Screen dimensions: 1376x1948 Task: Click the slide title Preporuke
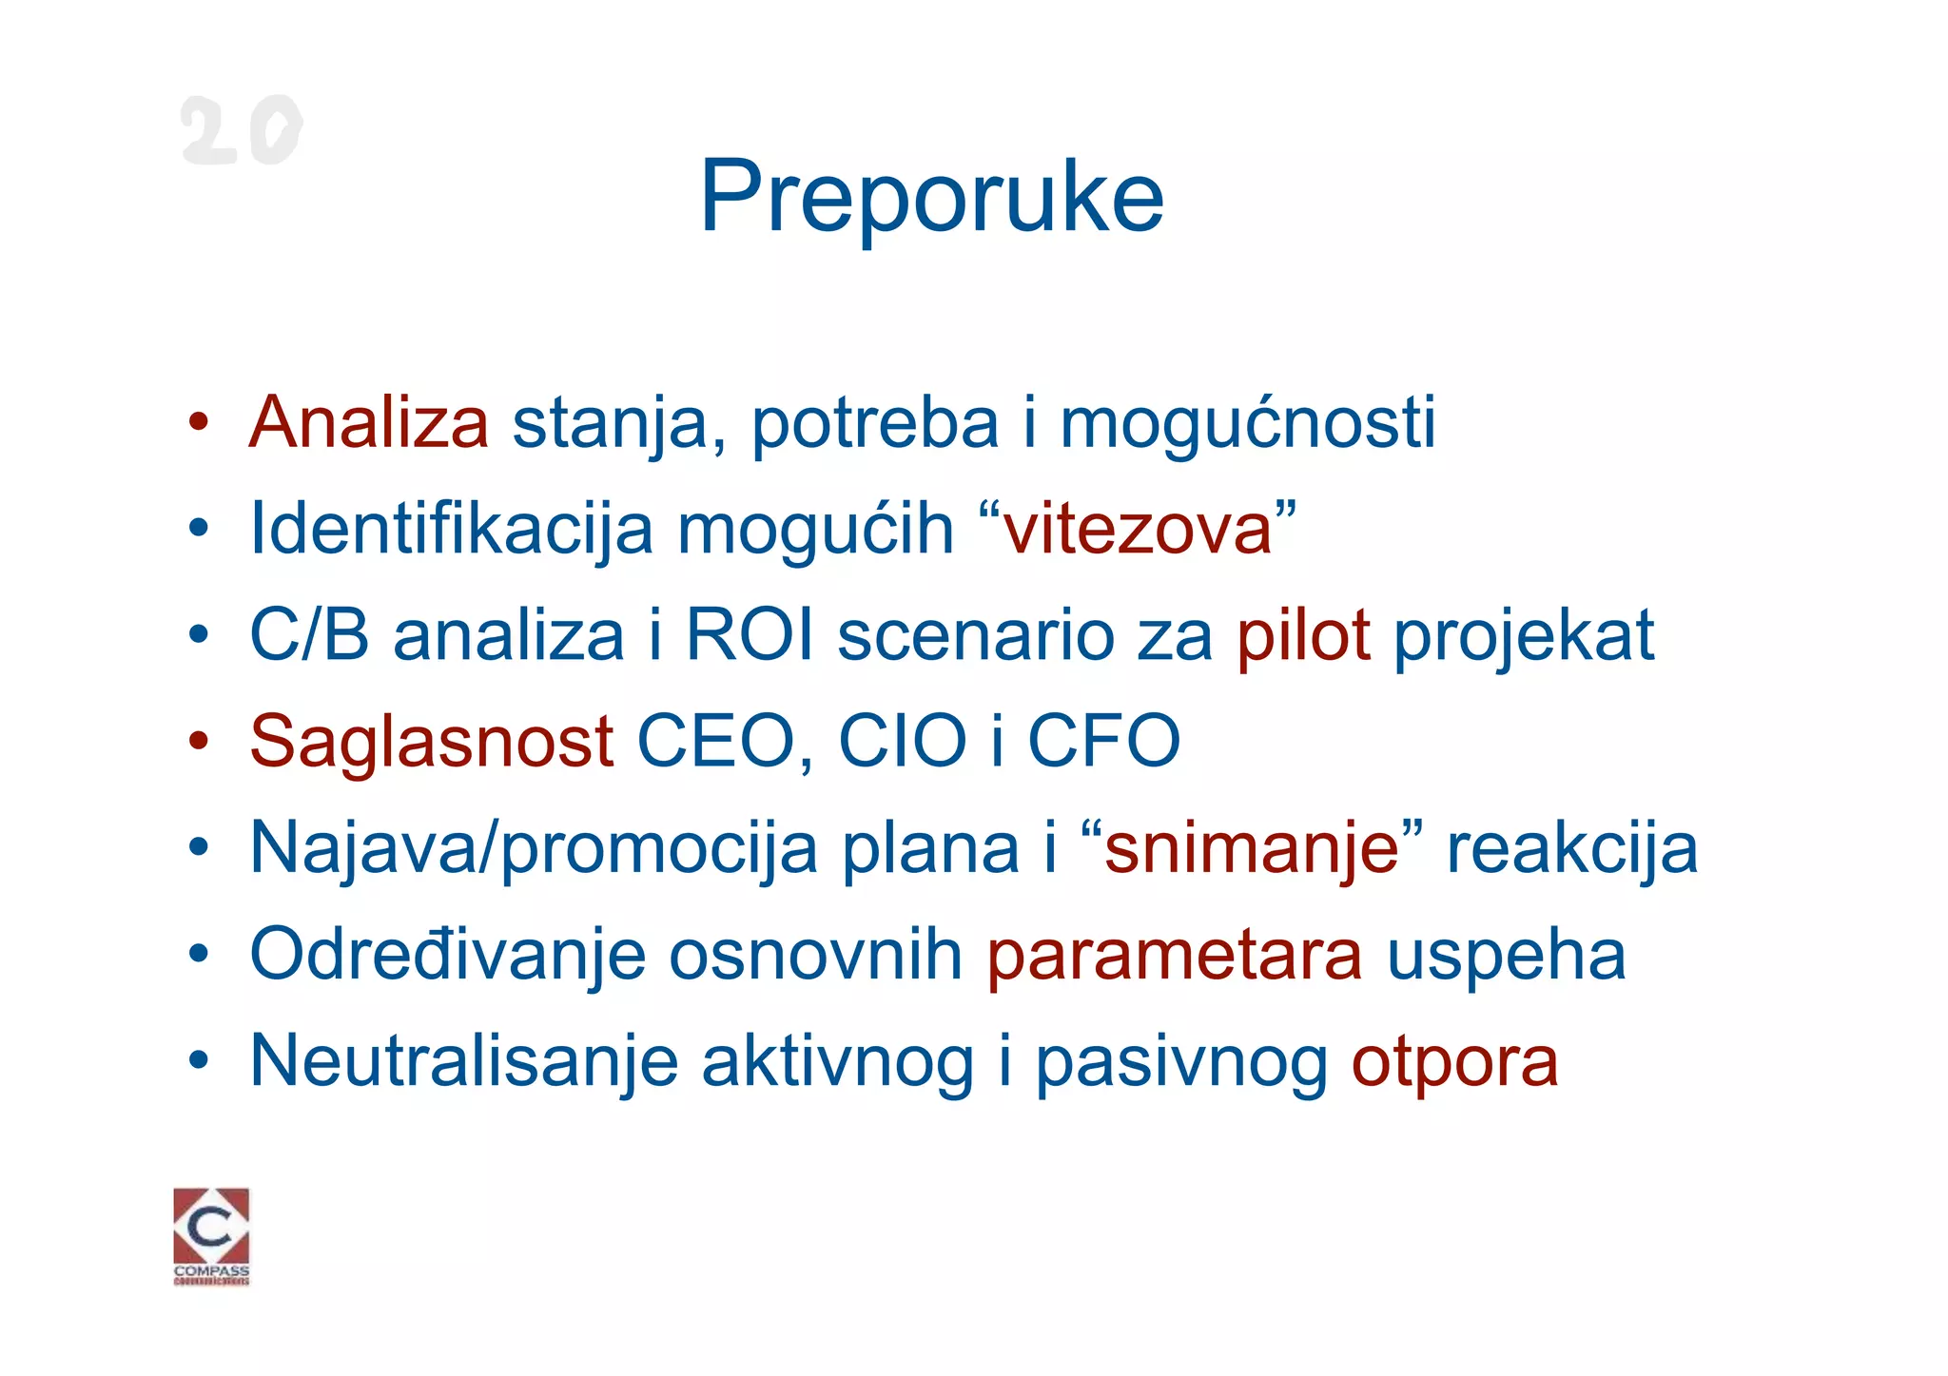[x=931, y=198]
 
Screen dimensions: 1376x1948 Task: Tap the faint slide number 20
[x=242, y=130]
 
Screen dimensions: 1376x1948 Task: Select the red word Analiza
[x=369, y=422]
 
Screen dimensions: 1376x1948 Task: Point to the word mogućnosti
[x=1247, y=424]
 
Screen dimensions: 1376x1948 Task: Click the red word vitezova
[x=1138, y=529]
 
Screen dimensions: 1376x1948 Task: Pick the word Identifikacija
[x=452, y=531]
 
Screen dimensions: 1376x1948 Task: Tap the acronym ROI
[x=750, y=635]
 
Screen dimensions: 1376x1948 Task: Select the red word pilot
[x=1303, y=635]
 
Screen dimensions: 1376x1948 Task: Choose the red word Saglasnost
[x=431, y=742]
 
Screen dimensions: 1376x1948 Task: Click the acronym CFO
[x=1104, y=742]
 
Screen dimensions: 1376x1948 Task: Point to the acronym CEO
[x=717, y=742]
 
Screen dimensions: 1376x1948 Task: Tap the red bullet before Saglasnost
[x=198, y=741]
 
